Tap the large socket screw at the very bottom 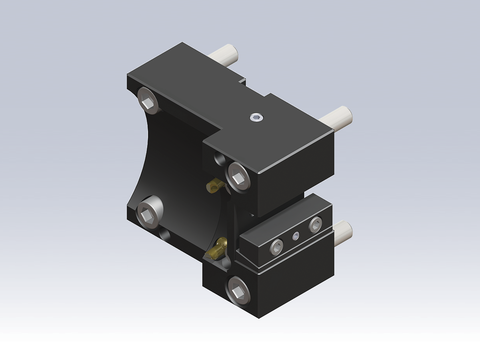tap(238, 290)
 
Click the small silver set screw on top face tap(257, 120)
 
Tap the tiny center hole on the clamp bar tap(294, 238)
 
